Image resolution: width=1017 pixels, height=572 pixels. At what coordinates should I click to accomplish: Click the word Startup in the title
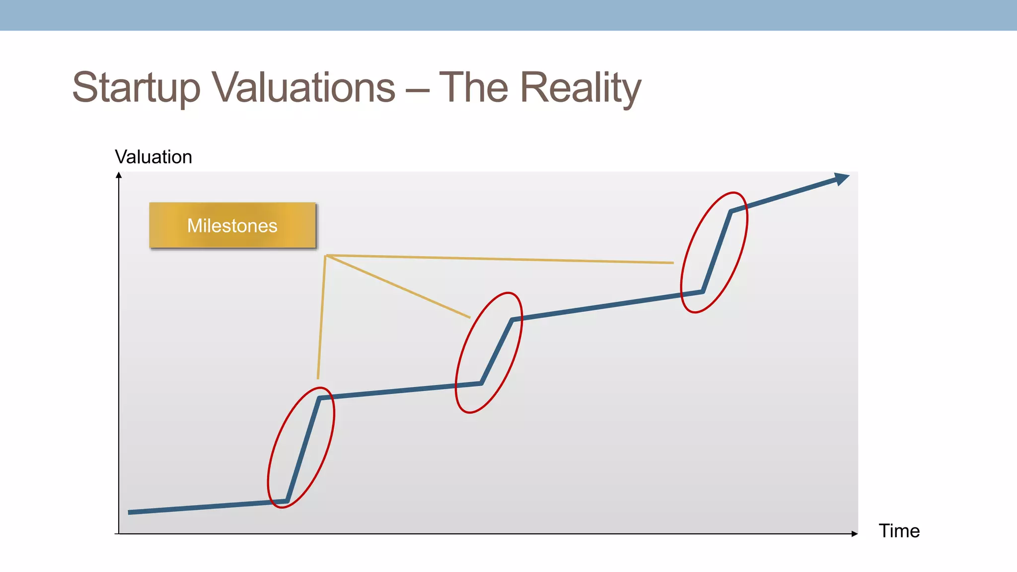[x=136, y=88]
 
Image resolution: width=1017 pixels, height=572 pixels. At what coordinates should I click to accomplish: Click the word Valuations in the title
[x=304, y=88]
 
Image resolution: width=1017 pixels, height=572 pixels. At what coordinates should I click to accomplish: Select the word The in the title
[x=473, y=88]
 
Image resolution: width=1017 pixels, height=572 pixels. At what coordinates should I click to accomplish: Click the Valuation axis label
[x=153, y=157]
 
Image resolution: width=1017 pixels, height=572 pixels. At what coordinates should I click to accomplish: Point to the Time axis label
[x=899, y=531]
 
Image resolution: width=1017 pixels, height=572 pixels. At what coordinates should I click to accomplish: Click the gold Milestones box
[x=232, y=225]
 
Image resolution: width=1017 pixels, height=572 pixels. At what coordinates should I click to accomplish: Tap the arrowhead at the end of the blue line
[x=842, y=178]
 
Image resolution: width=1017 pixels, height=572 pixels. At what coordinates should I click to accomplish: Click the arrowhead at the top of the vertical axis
[x=119, y=175]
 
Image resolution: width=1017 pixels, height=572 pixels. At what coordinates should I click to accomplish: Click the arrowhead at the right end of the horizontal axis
[x=855, y=534]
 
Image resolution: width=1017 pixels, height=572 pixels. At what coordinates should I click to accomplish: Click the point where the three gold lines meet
[x=325, y=256]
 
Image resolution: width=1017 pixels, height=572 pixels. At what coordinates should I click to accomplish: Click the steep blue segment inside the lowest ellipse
[x=303, y=449]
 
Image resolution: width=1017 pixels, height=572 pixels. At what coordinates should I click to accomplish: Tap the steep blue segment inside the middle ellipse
[x=497, y=351]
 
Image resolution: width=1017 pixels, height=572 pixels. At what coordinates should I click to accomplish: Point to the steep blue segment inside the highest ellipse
[x=717, y=252]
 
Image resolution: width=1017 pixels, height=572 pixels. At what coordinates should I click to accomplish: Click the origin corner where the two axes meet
[x=119, y=534]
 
